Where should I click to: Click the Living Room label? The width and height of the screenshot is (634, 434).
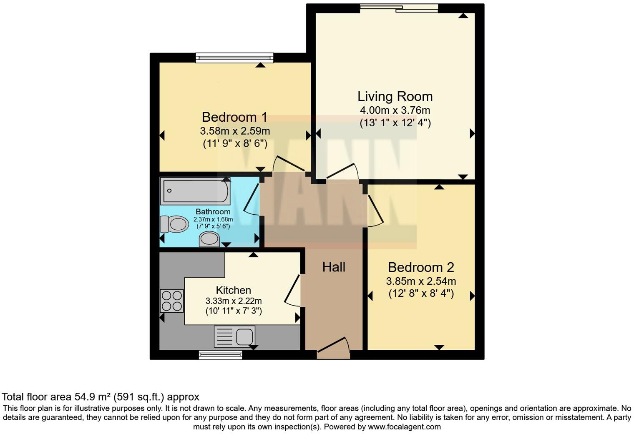(x=395, y=96)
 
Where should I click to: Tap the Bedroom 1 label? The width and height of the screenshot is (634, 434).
(x=234, y=117)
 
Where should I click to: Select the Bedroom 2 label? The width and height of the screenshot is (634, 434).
(x=421, y=267)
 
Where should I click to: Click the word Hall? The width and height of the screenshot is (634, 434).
(x=334, y=267)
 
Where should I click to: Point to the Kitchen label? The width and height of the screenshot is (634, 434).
(x=233, y=290)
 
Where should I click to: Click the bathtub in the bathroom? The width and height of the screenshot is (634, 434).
(x=195, y=191)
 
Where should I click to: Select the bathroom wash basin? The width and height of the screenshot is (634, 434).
(x=209, y=239)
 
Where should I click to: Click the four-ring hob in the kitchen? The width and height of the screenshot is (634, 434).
(x=172, y=301)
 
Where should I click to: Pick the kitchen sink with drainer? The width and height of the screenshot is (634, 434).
(x=234, y=336)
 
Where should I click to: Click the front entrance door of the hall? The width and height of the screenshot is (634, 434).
(x=333, y=349)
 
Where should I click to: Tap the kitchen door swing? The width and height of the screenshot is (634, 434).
(x=293, y=290)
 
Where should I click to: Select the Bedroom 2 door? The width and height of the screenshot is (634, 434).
(x=374, y=211)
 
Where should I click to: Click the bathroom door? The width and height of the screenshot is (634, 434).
(x=252, y=199)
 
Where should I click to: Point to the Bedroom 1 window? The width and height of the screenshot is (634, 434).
(x=234, y=58)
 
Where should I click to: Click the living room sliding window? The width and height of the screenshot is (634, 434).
(x=399, y=8)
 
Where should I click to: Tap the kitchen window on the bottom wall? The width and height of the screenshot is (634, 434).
(x=221, y=355)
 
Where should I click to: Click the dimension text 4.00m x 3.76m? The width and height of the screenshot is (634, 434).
(x=395, y=110)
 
